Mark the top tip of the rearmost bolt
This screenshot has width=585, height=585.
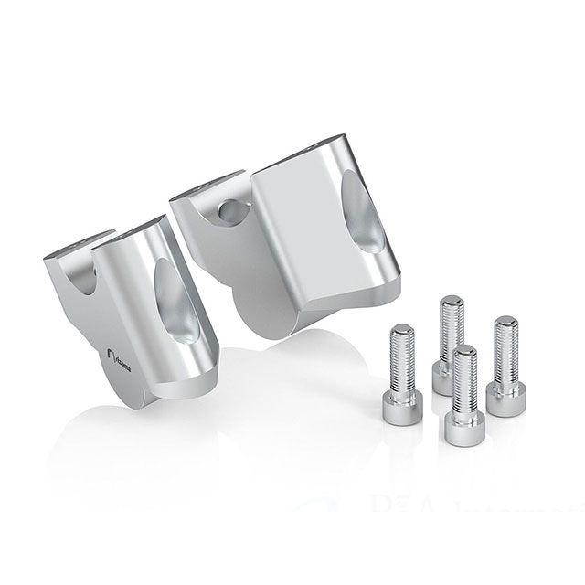point(449,299)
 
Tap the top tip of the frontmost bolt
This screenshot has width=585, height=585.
point(465,350)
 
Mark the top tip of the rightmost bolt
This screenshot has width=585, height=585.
point(505,321)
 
